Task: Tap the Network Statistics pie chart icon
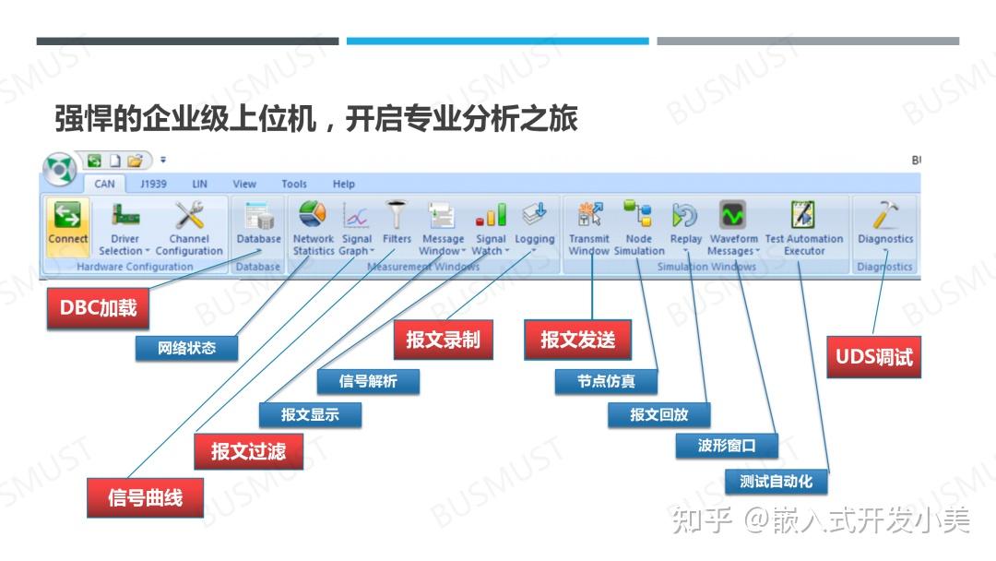[x=313, y=216]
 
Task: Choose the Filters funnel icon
[x=397, y=216]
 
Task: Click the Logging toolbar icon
[x=534, y=216]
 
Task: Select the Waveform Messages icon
[x=733, y=216]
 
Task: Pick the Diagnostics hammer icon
[x=884, y=216]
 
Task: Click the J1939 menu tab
[x=153, y=184]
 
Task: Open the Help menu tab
[x=343, y=184]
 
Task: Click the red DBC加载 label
[x=98, y=308]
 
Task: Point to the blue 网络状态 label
[x=186, y=348]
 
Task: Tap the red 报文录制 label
[x=443, y=340]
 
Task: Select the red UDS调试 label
[x=873, y=356]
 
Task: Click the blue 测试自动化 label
[x=776, y=482]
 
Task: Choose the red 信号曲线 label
[x=145, y=497]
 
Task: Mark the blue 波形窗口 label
[x=727, y=447]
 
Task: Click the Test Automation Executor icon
[x=803, y=216]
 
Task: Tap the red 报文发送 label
[x=577, y=340]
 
